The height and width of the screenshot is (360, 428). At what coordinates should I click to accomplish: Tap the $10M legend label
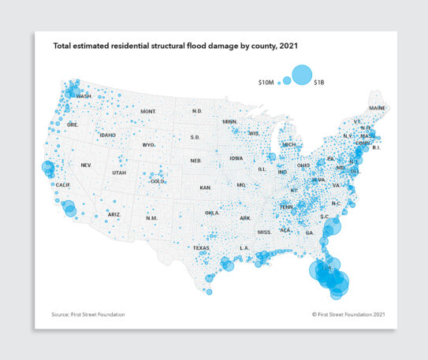(x=266, y=81)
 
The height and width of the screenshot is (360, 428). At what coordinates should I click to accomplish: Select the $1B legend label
(x=320, y=81)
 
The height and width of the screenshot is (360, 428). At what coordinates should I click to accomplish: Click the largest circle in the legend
(x=302, y=74)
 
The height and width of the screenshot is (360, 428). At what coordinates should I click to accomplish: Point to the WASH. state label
(x=84, y=96)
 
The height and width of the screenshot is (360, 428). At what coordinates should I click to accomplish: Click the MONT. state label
(x=148, y=112)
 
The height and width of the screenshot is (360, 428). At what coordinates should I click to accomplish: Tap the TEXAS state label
(x=201, y=247)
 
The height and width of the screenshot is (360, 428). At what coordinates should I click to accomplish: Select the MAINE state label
(x=378, y=107)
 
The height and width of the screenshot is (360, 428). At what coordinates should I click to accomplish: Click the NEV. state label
(x=87, y=165)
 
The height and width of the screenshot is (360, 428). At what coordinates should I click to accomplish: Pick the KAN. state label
(x=206, y=188)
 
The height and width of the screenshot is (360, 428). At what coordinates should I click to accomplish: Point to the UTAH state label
(x=119, y=173)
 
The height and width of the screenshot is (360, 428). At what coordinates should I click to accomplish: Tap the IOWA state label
(x=236, y=158)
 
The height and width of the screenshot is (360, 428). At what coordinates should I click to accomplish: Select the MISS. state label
(x=264, y=232)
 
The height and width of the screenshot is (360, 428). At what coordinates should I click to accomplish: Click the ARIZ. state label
(x=114, y=214)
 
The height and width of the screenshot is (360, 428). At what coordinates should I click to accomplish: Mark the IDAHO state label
(x=108, y=135)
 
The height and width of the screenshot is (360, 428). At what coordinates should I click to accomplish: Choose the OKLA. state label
(x=212, y=213)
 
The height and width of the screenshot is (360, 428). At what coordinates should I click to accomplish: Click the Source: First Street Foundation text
(x=87, y=314)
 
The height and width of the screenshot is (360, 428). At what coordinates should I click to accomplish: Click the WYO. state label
(x=148, y=145)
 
